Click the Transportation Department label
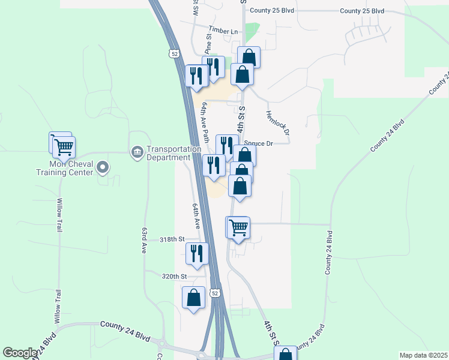[x=165, y=153]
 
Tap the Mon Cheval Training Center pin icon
[x=101, y=168]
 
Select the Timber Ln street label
[x=223, y=31]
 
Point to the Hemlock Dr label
[x=278, y=123]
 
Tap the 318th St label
[x=171, y=239]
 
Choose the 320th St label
[x=175, y=276]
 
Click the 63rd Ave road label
[x=144, y=240]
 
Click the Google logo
[x=19, y=353]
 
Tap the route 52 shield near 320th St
[x=215, y=293]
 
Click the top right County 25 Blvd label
[x=362, y=11]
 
